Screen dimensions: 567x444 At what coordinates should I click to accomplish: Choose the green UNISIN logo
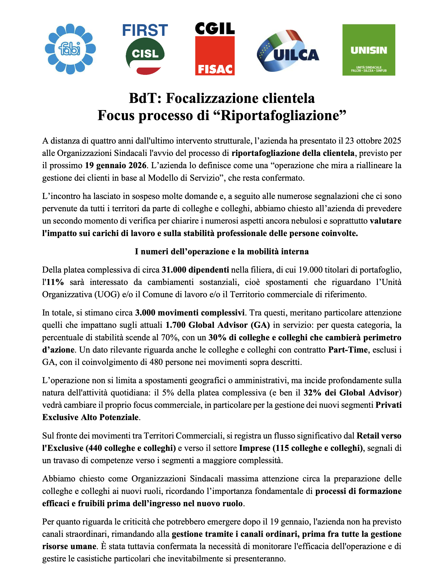coord(369,50)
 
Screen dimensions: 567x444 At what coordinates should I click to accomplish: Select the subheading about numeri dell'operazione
coord(222,251)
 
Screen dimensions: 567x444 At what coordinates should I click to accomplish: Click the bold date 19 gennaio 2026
coord(116,165)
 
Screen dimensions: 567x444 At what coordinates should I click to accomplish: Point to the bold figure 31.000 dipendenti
coord(195,270)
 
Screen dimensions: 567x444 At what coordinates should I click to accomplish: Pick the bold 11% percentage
coord(55,282)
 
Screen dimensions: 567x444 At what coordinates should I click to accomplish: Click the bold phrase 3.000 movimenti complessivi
coord(190,312)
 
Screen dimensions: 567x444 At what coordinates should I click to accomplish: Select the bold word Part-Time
coord(348,350)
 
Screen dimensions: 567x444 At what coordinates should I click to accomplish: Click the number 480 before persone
coord(156,362)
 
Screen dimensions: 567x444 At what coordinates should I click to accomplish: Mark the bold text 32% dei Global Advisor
coord(351,392)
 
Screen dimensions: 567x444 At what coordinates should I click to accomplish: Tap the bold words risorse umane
coord(69,546)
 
